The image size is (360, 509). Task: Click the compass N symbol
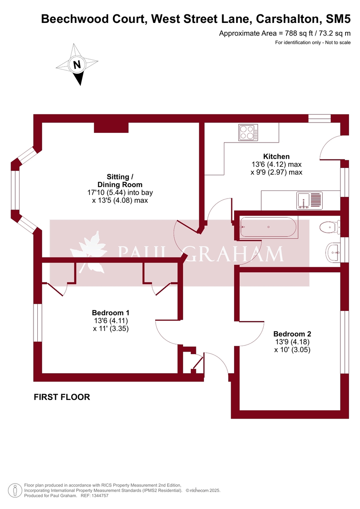77,65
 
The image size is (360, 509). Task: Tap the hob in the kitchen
248,132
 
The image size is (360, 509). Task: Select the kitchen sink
310,200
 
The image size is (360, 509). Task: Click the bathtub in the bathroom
268,227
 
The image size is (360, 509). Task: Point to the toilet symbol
330,227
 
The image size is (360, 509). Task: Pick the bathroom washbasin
333,252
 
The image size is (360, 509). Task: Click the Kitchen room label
276,157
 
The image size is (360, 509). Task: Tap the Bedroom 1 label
110,313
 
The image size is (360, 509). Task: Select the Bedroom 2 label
289,334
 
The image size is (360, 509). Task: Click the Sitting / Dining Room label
120,181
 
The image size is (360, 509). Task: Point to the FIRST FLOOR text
62,397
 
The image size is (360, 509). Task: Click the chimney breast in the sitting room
111,127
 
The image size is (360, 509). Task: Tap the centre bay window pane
15,190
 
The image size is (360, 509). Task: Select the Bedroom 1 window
38,322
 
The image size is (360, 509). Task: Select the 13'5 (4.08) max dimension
120,200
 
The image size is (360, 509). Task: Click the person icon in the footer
15,490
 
